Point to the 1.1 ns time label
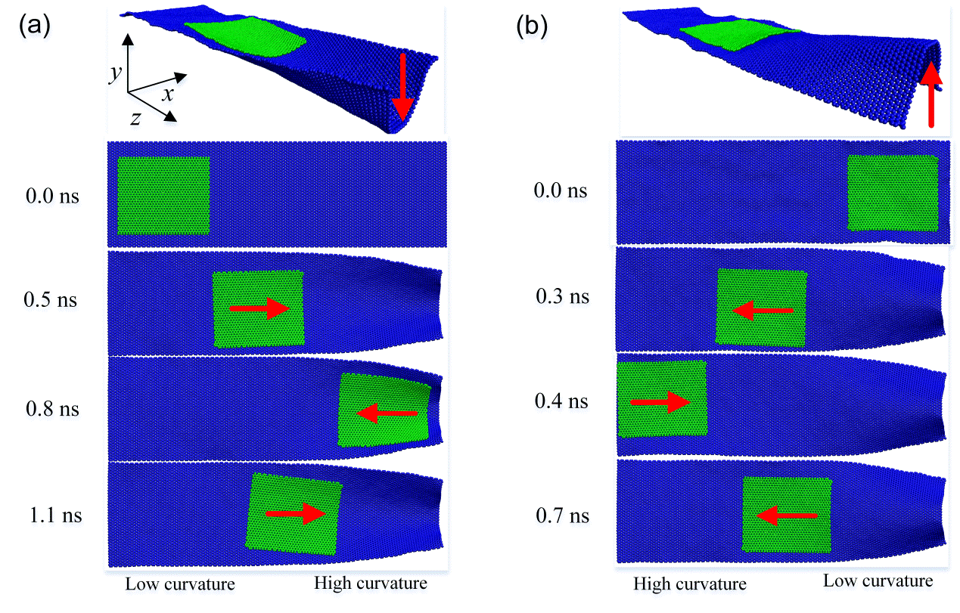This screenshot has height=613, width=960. (52, 516)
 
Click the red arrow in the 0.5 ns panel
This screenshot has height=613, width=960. (259, 308)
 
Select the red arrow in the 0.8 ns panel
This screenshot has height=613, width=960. (387, 413)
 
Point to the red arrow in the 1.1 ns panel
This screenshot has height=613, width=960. (295, 514)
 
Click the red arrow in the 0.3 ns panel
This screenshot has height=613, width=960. (763, 310)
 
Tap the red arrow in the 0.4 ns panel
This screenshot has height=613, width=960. (660, 402)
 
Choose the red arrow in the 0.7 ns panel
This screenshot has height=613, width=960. (787, 515)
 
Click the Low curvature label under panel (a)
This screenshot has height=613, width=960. (180, 584)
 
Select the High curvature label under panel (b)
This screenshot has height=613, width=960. (689, 584)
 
